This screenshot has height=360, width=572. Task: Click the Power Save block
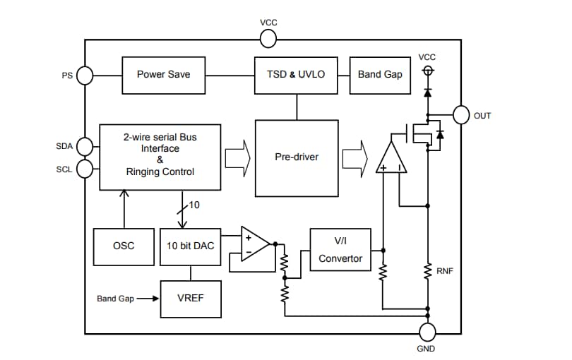[x=163, y=75]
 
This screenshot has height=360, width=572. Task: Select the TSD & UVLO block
[x=296, y=75]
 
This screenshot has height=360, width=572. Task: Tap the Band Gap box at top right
[x=379, y=75]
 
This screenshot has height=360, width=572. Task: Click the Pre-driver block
[x=296, y=157]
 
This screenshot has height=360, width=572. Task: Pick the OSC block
[x=124, y=246]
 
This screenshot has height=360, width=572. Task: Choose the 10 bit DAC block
[x=189, y=246]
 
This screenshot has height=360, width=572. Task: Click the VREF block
[x=190, y=299]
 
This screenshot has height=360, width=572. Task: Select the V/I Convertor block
[x=340, y=250]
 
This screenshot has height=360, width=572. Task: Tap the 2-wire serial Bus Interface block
[x=160, y=157]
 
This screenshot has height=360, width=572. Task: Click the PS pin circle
[x=85, y=75]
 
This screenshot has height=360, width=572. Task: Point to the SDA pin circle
[x=85, y=146]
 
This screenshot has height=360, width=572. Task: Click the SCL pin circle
[x=85, y=169]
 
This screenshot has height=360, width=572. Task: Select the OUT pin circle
[x=461, y=115]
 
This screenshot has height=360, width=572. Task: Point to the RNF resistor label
[x=445, y=270]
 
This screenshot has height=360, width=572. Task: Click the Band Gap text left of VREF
[x=115, y=299]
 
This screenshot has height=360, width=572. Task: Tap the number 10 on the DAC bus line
[x=195, y=205]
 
